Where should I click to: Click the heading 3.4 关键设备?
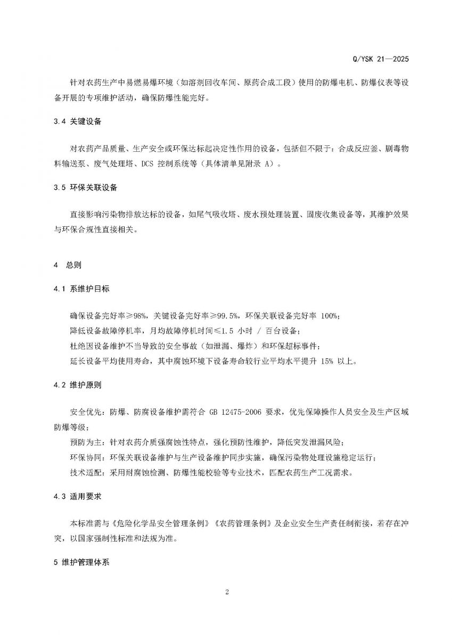point(78,122)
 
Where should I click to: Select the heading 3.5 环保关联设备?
point(86,188)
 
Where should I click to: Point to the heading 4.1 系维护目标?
point(82,289)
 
